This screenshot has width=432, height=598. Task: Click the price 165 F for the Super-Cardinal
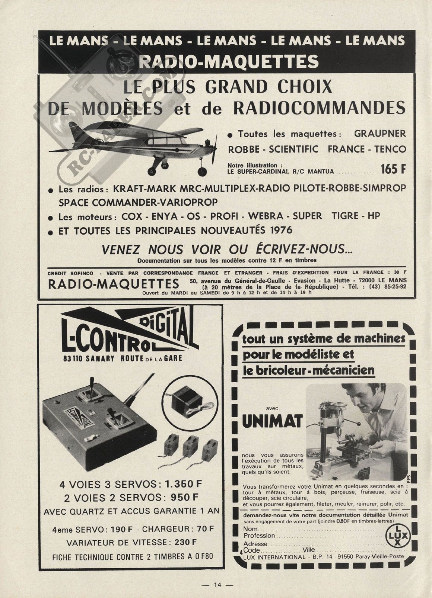coord(393,169)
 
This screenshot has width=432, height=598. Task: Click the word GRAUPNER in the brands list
coord(380,134)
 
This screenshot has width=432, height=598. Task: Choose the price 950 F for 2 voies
coord(184,497)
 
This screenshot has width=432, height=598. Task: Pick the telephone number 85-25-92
coord(391,287)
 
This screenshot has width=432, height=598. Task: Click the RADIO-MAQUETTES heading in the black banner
coord(228,62)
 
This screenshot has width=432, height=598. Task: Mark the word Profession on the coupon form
coord(259,536)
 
